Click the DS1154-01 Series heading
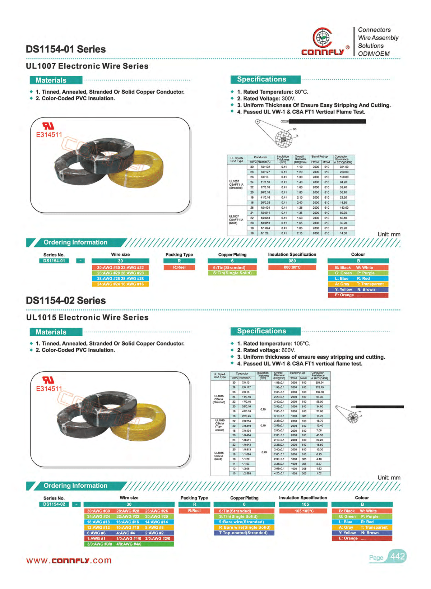(66, 49)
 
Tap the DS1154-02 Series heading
(66, 301)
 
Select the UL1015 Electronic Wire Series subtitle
(87, 317)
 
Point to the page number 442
(398, 557)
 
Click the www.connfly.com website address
(69, 561)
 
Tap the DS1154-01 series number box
(54, 261)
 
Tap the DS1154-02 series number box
(54, 504)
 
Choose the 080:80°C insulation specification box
(292, 268)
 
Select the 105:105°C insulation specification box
(304, 511)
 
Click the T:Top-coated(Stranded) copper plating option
(244, 533)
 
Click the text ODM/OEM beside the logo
(374, 54)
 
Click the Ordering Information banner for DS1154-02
(75, 486)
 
